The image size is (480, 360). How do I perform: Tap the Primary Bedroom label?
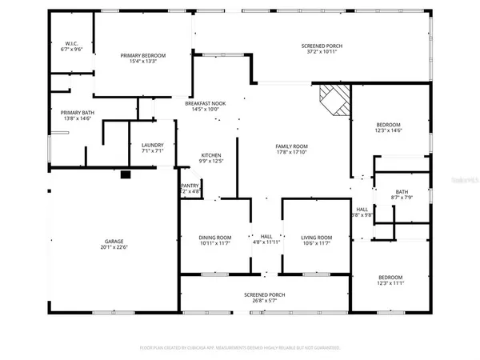143,55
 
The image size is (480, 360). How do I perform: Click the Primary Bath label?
77,113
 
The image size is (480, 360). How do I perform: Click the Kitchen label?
211,155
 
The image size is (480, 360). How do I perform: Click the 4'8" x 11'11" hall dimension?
266,243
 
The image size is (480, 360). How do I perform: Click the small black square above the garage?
125,173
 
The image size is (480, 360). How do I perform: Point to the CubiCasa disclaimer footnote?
240,348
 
